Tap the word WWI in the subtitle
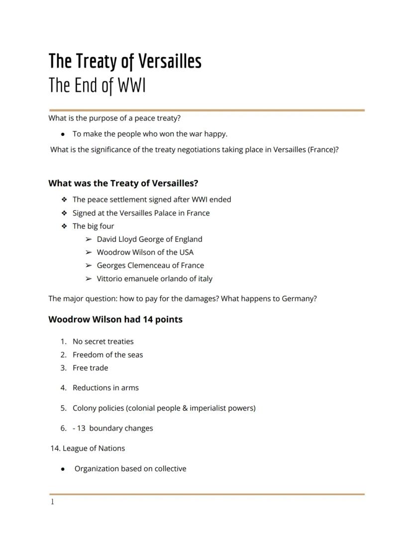pos(132,86)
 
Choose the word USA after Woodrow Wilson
pos(186,252)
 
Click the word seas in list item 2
pos(134,355)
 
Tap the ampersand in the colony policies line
pos(185,408)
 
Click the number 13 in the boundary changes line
pos(81,428)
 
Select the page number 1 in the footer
pos(52,502)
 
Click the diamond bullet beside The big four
pos(64,226)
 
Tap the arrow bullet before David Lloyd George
pos(88,239)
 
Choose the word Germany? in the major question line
pos(299,299)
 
